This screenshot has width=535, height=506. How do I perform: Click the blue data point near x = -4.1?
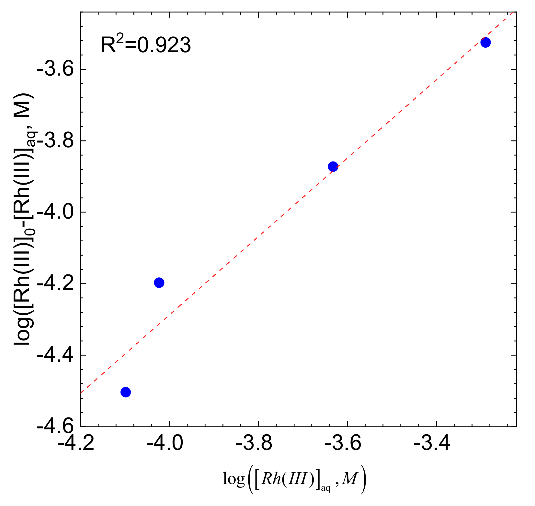pos(126,392)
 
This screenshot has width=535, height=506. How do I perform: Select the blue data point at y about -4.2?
pos(159,283)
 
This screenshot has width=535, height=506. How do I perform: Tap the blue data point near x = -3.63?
pos(333,167)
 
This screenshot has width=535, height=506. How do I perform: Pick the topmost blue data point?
pos(485,42)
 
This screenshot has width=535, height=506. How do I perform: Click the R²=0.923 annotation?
pos(146,45)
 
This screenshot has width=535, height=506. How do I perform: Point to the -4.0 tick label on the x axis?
pos(165,443)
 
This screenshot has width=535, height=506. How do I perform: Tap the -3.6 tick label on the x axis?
pos(343,443)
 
